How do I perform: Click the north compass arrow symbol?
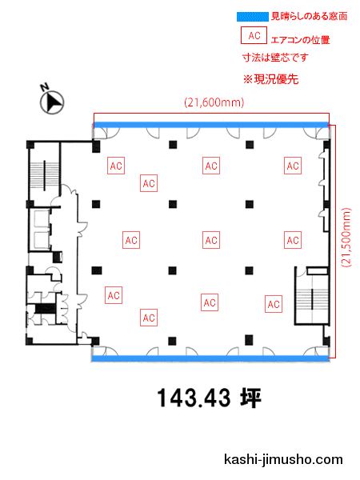(x=52, y=102)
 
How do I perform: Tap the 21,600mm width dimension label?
(x=214, y=102)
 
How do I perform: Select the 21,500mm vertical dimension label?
(x=346, y=238)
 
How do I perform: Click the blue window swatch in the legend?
(x=253, y=17)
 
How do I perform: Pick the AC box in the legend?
(x=254, y=35)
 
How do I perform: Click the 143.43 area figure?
(x=194, y=398)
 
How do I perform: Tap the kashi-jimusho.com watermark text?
(x=283, y=459)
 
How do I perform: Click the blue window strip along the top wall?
(x=211, y=125)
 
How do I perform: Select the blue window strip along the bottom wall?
(x=211, y=358)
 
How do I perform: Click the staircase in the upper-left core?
(x=44, y=175)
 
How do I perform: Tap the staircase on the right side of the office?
(x=312, y=298)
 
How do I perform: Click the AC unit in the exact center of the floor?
(x=211, y=240)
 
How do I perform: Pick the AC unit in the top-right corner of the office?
(x=293, y=166)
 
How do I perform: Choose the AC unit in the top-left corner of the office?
(x=116, y=166)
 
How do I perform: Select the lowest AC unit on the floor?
(x=149, y=318)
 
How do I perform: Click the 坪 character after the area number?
(x=250, y=398)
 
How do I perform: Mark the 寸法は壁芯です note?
(x=275, y=58)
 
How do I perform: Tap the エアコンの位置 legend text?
(x=300, y=40)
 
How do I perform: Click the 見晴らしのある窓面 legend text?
(x=309, y=16)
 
